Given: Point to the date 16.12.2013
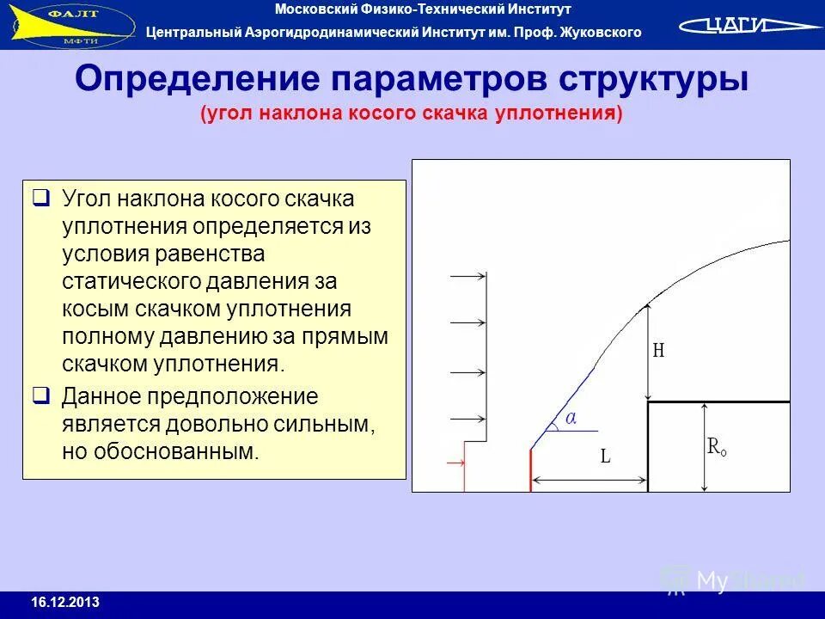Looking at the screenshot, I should pyautogui.click(x=65, y=602).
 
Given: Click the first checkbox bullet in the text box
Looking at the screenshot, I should pyautogui.click(x=40, y=199).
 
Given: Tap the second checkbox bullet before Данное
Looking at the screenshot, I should pyautogui.click(x=40, y=396).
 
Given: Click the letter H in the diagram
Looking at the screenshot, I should pyautogui.click(x=659, y=351).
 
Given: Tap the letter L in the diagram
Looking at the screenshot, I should pyautogui.click(x=605, y=457).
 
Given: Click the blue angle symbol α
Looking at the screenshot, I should pyautogui.click(x=571, y=418).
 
